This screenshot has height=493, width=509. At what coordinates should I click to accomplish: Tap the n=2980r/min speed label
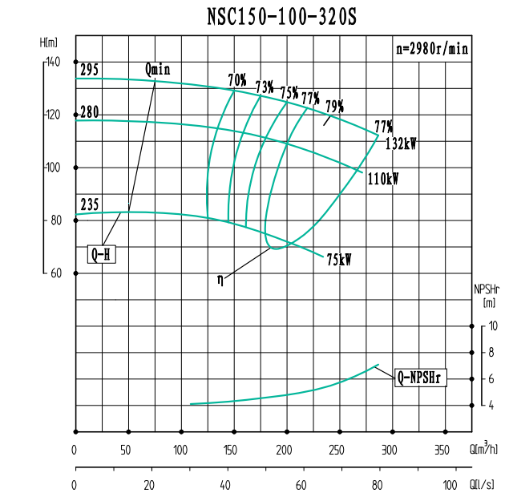tap(432, 48)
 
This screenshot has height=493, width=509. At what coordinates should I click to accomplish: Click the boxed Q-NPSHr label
tap(422, 377)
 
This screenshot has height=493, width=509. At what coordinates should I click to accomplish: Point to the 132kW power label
tap(402, 144)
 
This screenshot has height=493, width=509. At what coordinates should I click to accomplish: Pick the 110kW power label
tap(382, 180)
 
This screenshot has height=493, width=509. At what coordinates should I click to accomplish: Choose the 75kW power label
tap(339, 259)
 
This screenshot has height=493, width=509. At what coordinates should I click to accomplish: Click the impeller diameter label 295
tap(89, 71)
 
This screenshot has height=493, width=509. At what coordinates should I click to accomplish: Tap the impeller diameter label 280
tap(89, 112)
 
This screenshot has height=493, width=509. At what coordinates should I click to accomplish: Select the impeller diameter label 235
tap(89, 206)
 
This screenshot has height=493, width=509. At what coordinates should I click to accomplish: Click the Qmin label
tap(158, 69)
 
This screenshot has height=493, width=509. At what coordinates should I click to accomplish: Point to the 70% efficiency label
tap(237, 79)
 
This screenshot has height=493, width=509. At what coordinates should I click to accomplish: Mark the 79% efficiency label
tap(334, 106)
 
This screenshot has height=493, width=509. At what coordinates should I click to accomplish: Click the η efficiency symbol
tap(220, 279)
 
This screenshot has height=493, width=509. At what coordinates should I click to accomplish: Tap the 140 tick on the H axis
tap(53, 62)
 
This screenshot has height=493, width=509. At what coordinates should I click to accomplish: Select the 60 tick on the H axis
tap(55, 273)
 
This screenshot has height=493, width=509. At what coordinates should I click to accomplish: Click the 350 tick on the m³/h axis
tap(442, 449)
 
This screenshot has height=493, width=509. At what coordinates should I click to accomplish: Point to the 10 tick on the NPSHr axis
tap(493, 326)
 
